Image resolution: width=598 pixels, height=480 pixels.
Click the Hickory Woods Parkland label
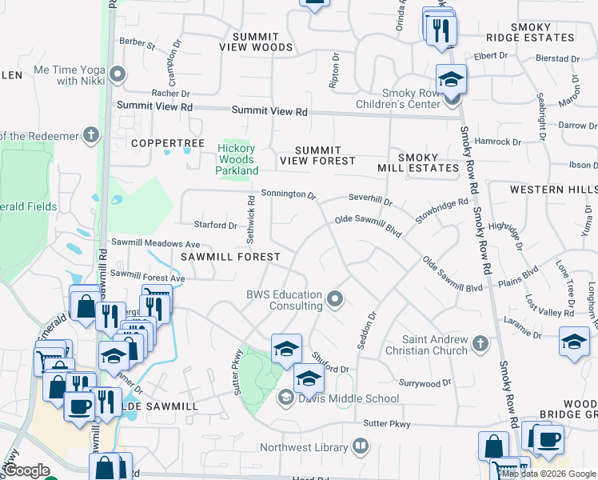(x=237, y=159)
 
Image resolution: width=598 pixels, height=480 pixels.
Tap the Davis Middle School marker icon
(x=285, y=398)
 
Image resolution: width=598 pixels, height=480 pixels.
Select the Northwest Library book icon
(x=361, y=446)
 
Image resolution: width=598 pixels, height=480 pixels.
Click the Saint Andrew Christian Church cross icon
(x=480, y=343)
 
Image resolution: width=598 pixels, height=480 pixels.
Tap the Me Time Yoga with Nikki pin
(x=118, y=75)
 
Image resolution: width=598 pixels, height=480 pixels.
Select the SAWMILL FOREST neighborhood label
(x=230, y=257)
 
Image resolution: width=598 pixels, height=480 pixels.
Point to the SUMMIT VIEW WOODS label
(x=256, y=42)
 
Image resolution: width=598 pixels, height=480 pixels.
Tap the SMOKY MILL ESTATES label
(x=418, y=162)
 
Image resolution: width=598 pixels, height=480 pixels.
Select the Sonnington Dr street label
(x=289, y=194)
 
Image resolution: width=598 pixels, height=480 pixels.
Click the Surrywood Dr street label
(x=425, y=384)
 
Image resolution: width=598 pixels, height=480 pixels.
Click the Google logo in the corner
(x=26, y=470)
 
